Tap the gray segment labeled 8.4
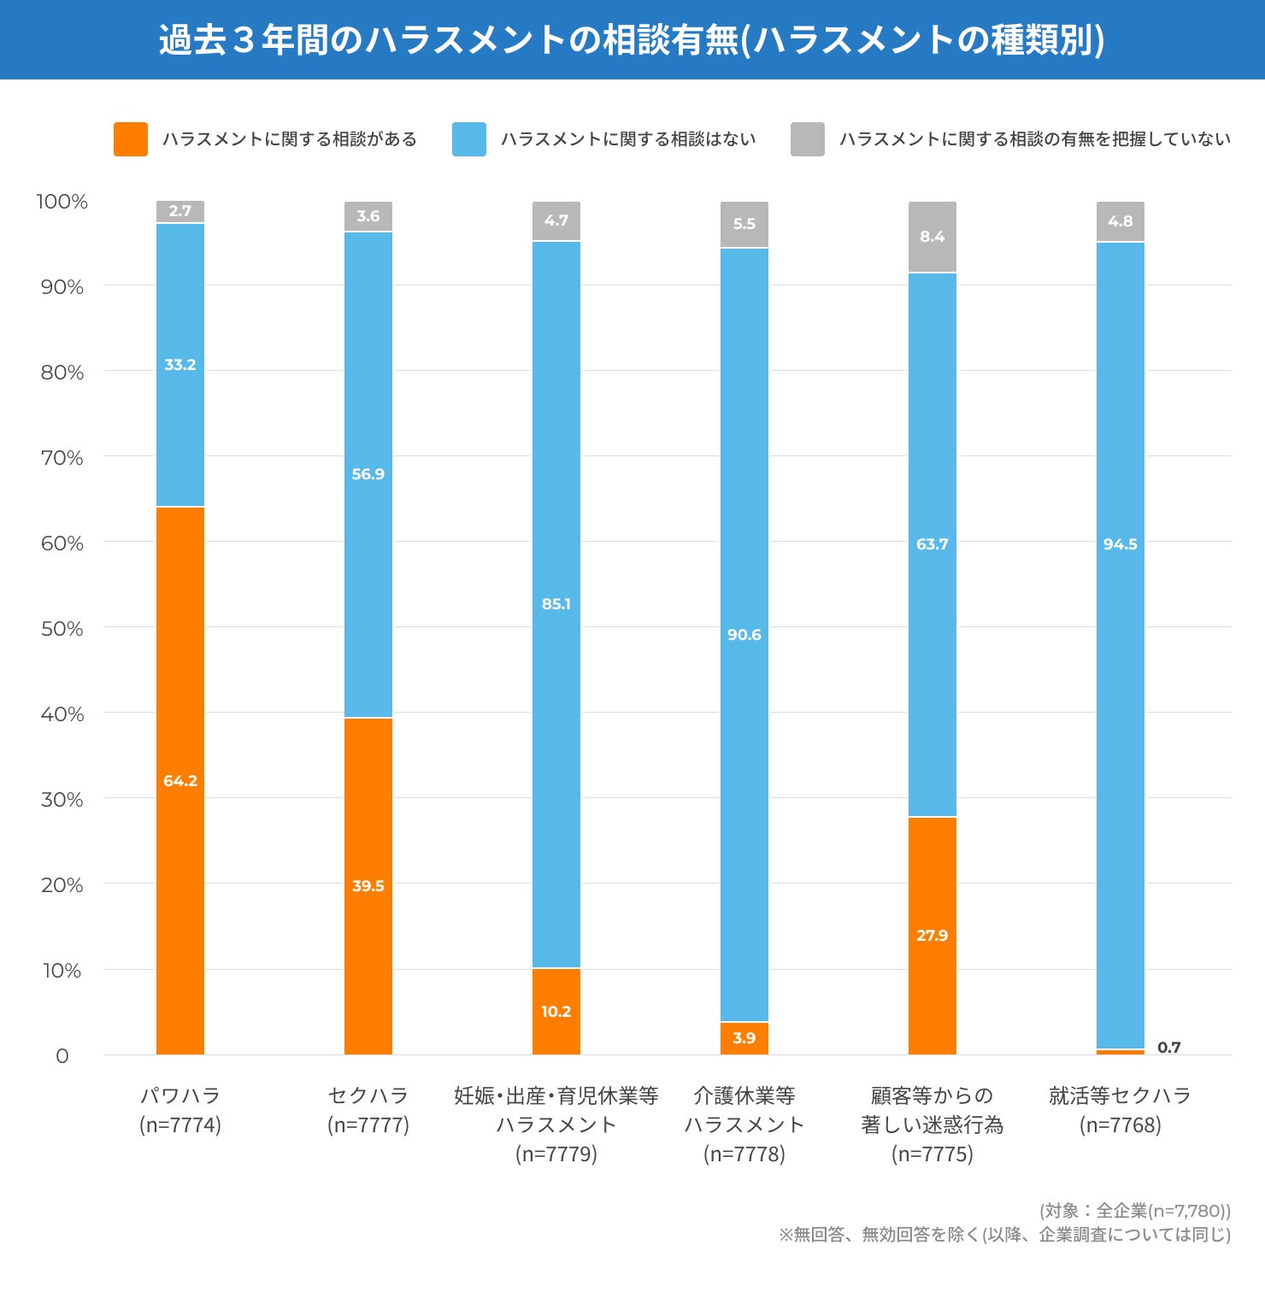[933, 237]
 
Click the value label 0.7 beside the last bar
[1168, 1048]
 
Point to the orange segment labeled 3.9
[744, 1038]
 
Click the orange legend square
[131, 139]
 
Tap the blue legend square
[469, 139]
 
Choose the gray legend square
[808, 139]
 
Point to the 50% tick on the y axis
[62, 629]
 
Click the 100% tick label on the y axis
[62, 202]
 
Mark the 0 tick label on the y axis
[62, 1056]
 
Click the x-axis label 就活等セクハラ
[1121, 1095]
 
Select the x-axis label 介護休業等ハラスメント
[744, 1110]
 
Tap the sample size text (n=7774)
[180, 1125]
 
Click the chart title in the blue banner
[632, 40]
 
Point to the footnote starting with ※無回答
[1004, 1235]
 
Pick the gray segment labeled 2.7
[180, 211]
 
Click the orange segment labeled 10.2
[556, 1012]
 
